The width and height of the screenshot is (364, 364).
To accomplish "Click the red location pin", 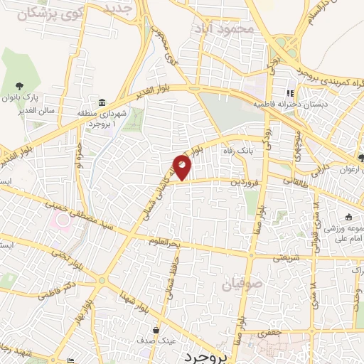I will pyautogui.click(x=183, y=167).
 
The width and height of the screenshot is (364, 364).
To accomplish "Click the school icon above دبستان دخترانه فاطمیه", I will pyautogui.click(x=289, y=93).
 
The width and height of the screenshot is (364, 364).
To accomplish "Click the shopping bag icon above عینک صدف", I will pyautogui.click(x=156, y=331).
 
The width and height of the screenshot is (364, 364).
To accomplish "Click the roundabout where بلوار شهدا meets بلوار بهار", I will pyautogui.click(x=102, y=282).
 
